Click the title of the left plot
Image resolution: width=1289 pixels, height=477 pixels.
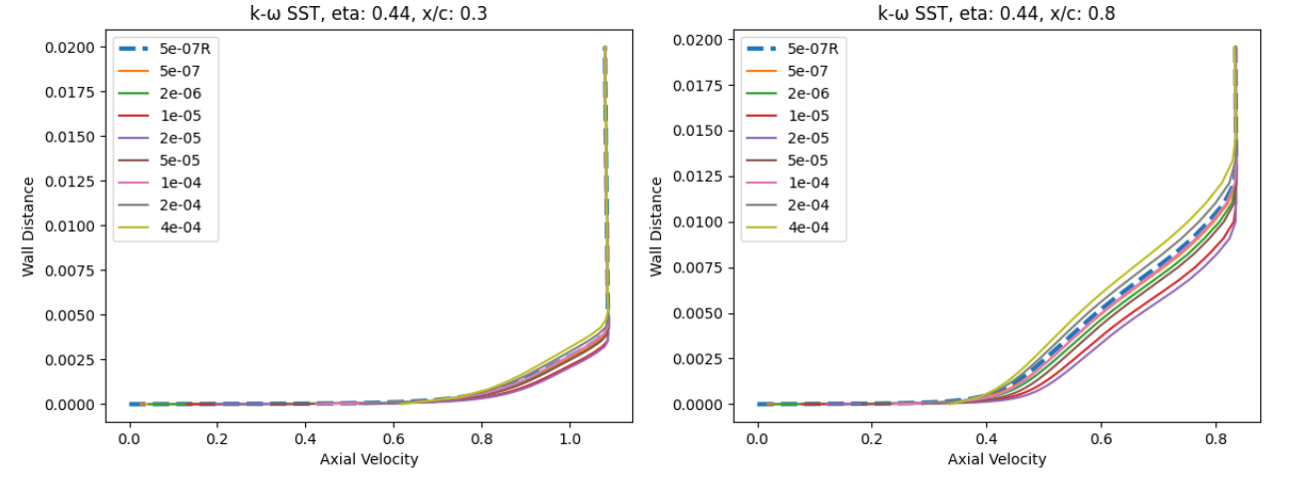click(x=368, y=13)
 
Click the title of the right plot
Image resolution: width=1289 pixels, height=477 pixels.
click(x=996, y=13)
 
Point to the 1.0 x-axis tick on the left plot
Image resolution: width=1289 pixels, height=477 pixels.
click(x=569, y=438)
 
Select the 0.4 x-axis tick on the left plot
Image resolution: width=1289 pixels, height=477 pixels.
click(x=305, y=438)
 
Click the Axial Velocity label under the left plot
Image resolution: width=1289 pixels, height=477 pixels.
click(x=368, y=459)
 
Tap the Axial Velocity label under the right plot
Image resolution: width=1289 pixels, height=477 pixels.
click(x=996, y=459)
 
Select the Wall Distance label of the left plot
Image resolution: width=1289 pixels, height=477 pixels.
click(x=30, y=227)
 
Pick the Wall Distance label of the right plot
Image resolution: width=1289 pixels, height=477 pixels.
click(x=657, y=227)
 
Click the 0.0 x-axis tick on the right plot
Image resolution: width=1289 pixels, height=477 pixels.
click(x=758, y=438)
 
